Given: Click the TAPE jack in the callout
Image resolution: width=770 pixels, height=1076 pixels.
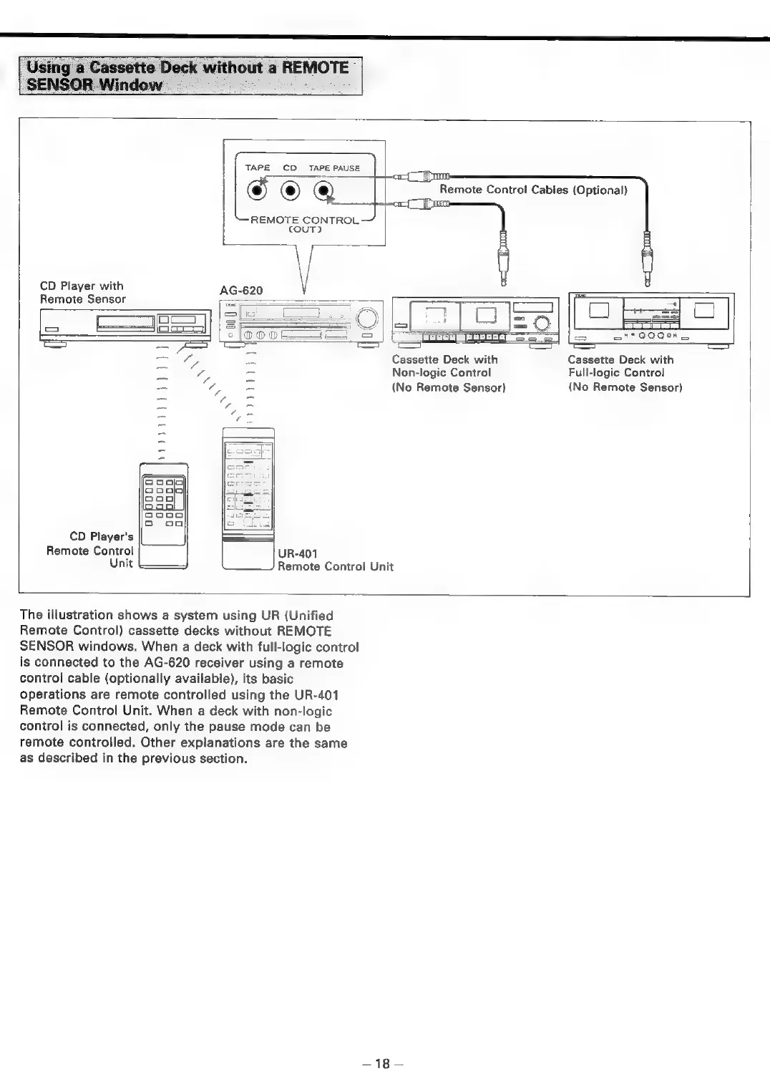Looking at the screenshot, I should (x=256, y=191).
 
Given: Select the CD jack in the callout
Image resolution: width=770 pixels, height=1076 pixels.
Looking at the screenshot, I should (x=290, y=191).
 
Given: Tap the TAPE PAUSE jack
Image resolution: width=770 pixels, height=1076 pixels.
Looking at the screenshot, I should (x=325, y=191).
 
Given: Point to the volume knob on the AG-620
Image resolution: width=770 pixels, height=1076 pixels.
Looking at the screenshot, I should (x=366, y=317).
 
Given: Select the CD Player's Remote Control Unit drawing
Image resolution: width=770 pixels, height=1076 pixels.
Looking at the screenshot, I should (x=163, y=515).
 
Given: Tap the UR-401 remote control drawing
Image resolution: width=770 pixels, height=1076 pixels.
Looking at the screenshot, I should (x=248, y=498).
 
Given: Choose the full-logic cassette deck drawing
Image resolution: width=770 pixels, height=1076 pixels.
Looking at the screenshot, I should (x=650, y=320).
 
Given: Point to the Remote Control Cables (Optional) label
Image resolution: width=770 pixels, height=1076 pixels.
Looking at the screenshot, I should (x=533, y=190).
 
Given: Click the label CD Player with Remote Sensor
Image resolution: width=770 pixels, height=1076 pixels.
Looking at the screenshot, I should (x=82, y=293).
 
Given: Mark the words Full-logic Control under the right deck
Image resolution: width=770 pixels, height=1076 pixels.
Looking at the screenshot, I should (x=616, y=373).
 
